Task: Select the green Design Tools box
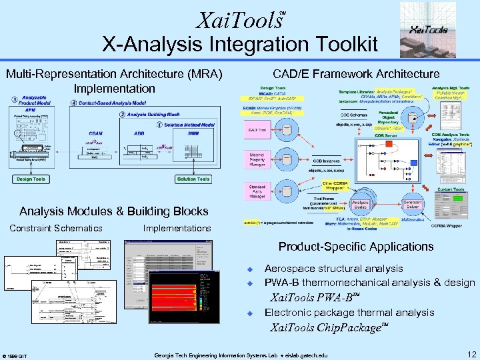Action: point(29,179)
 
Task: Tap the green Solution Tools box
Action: point(193,179)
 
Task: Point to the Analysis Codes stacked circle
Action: point(360,204)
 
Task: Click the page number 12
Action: point(471,354)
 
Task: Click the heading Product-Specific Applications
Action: point(355,247)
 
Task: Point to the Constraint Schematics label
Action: point(56,228)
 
